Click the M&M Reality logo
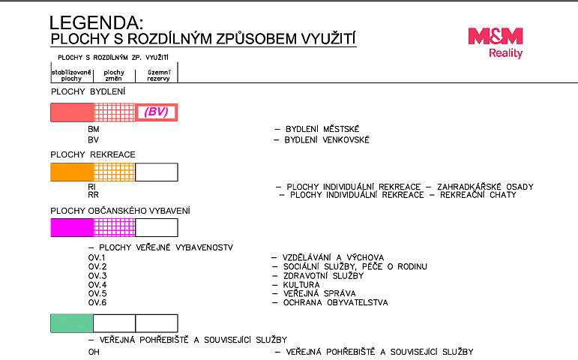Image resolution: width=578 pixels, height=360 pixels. (x=496, y=43)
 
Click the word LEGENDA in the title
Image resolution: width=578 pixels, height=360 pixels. (x=96, y=22)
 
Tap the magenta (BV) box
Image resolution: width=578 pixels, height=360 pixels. (x=157, y=112)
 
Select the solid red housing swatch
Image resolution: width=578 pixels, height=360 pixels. (x=72, y=112)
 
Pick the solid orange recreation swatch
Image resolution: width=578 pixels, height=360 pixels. (x=72, y=172)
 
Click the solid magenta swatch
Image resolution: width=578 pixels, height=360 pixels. (x=72, y=227)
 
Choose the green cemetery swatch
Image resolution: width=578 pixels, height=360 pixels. (x=72, y=323)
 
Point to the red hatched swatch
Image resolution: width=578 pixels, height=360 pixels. (x=115, y=112)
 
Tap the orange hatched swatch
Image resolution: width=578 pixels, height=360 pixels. (x=115, y=172)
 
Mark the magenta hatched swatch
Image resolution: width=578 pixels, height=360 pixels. (x=115, y=227)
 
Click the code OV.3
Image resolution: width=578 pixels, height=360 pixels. (x=97, y=276)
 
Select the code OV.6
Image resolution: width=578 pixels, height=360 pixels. (x=97, y=303)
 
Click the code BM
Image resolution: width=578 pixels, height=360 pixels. (x=94, y=129)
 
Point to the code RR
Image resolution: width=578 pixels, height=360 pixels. (x=93, y=195)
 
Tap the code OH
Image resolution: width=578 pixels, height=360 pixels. (x=94, y=352)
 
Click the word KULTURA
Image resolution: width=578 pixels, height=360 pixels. (x=301, y=285)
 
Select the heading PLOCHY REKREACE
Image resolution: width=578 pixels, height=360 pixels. (x=93, y=154)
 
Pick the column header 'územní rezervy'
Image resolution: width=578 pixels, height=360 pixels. (x=158, y=75)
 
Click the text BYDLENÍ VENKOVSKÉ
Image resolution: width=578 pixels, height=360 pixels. (x=327, y=139)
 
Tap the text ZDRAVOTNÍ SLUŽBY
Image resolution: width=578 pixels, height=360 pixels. (x=324, y=276)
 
